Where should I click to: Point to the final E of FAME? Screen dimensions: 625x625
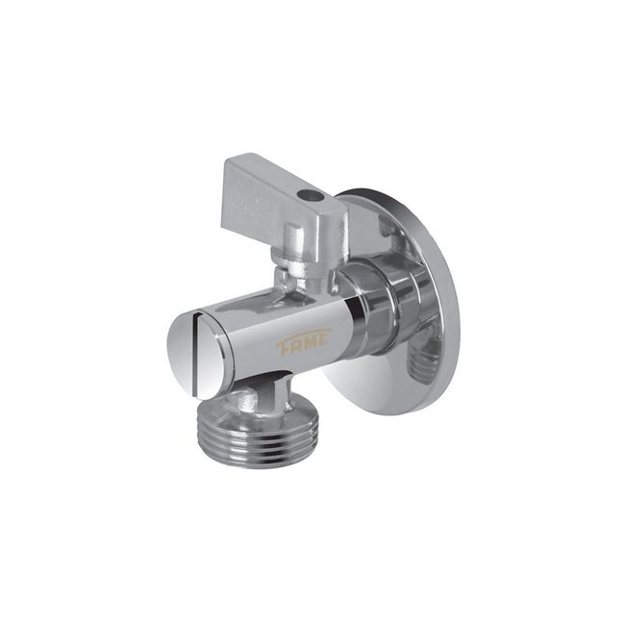323,339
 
